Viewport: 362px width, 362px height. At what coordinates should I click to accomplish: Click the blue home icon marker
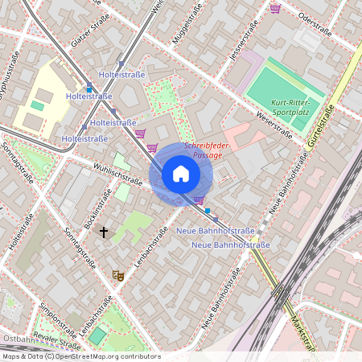coord(181,174)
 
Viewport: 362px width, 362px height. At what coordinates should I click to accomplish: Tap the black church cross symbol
coord(103,232)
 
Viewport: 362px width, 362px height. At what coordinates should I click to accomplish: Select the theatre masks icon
coord(118,275)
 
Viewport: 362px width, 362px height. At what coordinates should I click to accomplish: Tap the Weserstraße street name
coord(273,125)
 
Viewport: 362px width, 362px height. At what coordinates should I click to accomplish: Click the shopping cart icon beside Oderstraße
coord(276,8)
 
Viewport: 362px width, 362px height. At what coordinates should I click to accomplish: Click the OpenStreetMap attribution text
coord(81,356)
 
